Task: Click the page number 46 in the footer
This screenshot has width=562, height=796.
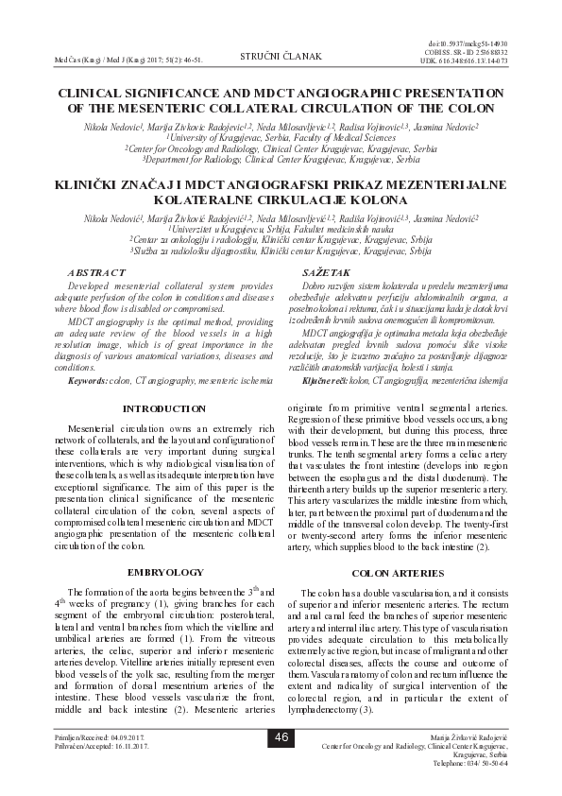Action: pos(281,736)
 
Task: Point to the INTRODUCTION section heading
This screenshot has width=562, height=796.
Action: pos(163,408)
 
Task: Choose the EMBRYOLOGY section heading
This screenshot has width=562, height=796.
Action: pos(163,573)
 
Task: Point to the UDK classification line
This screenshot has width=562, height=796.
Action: pos(469,61)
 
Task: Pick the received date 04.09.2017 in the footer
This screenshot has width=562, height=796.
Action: pos(123,735)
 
